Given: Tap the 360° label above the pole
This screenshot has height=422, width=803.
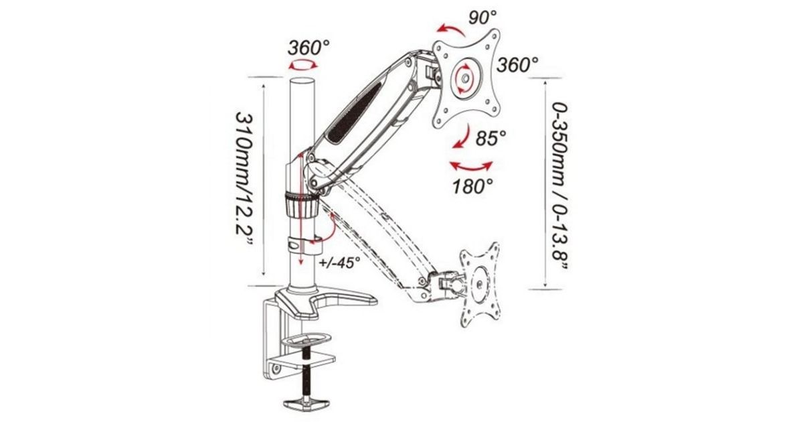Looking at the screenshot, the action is click(308, 48).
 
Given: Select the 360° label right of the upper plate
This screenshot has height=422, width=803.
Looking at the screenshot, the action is click(517, 66).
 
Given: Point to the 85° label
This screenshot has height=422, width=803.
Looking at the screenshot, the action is click(490, 137).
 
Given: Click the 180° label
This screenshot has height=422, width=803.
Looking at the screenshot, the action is click(472, 186).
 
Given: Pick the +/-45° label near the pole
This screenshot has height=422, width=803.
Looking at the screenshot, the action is click(339, 263).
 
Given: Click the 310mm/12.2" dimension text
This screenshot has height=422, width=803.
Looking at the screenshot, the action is click(244, 178).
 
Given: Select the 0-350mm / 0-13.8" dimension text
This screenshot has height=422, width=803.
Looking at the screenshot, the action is click(559, 186).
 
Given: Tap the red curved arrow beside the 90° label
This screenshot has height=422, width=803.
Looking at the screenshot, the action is click(452, 29).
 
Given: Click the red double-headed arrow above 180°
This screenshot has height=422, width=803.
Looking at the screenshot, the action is click(471, 168).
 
